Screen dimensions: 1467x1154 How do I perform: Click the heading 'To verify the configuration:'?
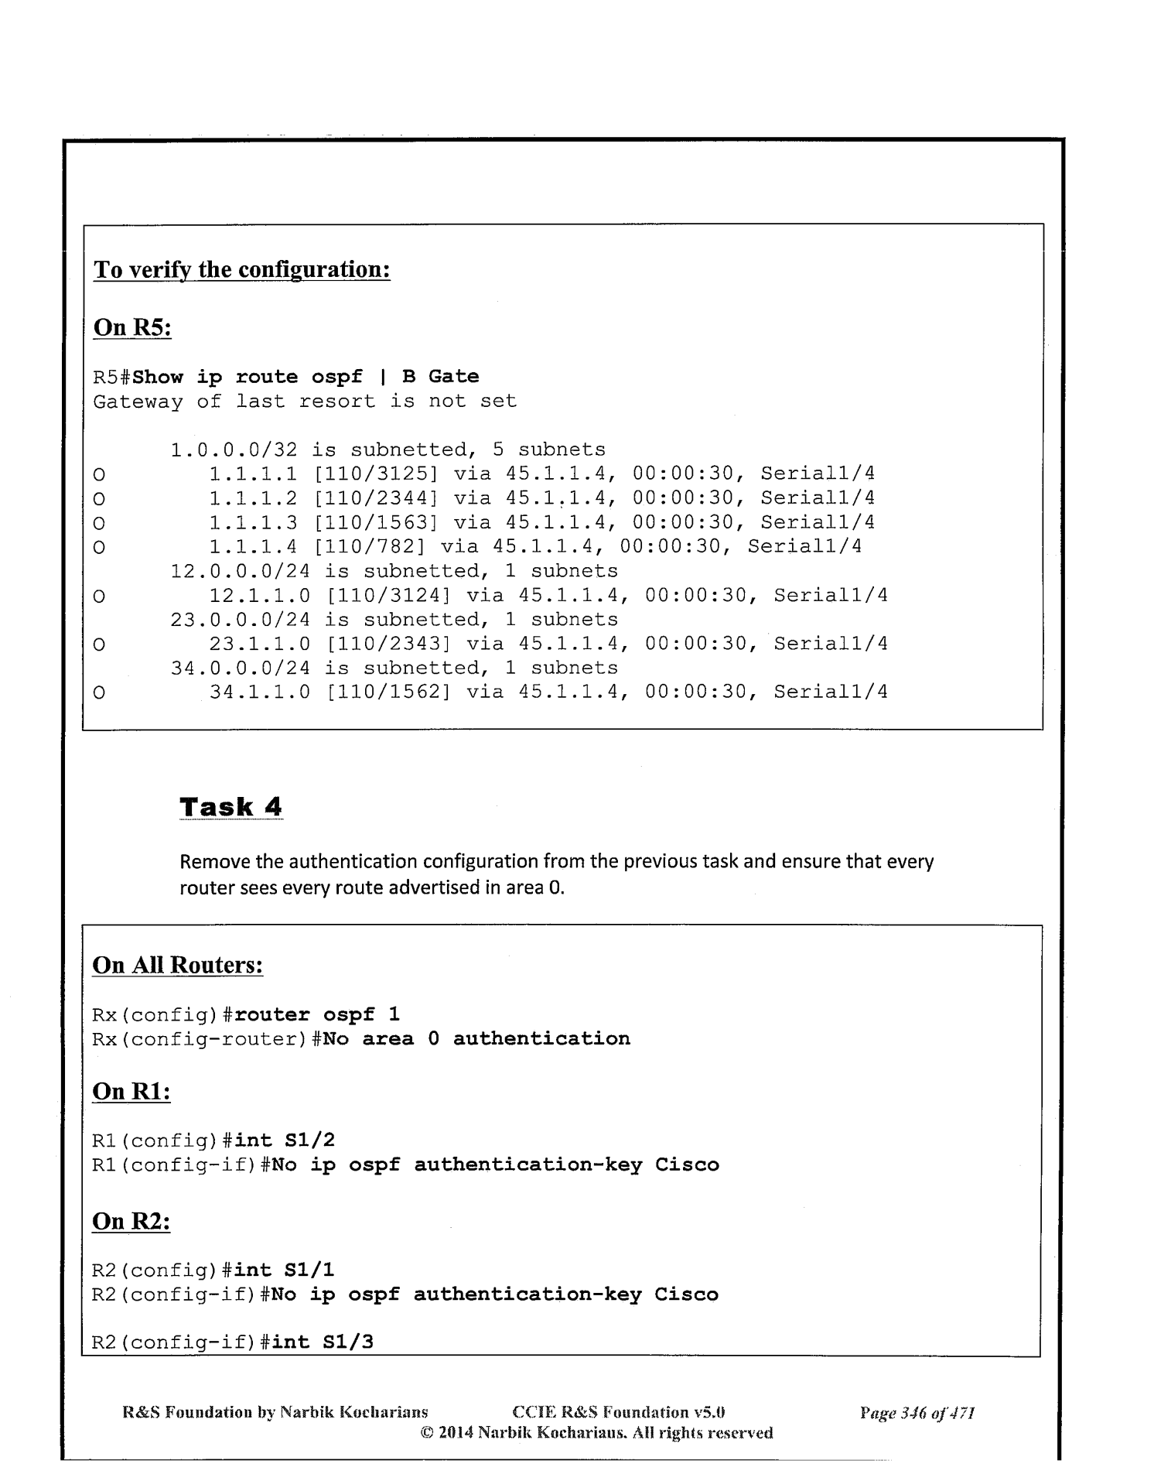[241, 270]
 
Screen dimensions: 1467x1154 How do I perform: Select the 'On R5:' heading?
[131, 327]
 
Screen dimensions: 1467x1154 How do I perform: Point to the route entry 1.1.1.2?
[253, 498]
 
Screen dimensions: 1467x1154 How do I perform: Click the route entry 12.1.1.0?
[260, 595]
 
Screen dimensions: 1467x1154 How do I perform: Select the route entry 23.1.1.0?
[260, 644]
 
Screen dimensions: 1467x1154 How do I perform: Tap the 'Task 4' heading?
[230, 807]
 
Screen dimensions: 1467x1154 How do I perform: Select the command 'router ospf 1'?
[316, 1014]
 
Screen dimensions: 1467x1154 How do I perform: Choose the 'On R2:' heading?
[131, 1221]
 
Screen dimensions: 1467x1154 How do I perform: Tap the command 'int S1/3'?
[323, 1341]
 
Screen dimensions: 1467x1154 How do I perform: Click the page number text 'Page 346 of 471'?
[917, 1414]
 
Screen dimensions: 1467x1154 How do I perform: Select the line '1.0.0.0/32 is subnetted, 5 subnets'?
[388, 450]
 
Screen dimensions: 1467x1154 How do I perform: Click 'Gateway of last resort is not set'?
[305, 401]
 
